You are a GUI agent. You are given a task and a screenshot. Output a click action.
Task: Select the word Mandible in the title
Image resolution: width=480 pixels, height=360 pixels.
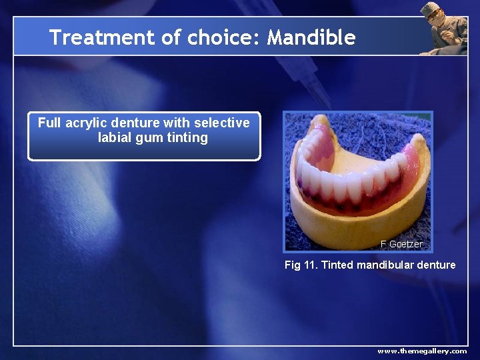[x=311, y=37]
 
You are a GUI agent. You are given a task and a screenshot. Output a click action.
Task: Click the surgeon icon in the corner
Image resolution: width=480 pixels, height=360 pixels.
[x=443, y=28]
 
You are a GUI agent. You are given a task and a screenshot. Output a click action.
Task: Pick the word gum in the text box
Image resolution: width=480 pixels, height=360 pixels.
[x=148, y=139]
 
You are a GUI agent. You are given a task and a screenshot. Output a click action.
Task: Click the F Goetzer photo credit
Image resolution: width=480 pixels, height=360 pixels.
[x=401, y=244]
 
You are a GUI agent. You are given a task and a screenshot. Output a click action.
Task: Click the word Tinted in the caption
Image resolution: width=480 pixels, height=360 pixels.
[x=337, y=265]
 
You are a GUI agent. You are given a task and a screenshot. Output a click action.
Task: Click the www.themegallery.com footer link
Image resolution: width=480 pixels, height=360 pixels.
[x=422, y=351]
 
